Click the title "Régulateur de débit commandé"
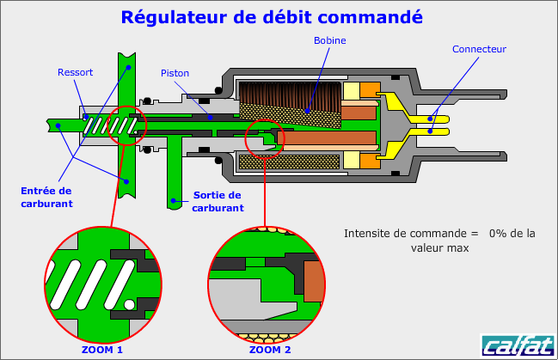coord(272,17)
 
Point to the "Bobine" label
coord(330,40)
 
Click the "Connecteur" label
coord(479,49)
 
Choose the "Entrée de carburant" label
coord(46,197)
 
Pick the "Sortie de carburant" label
coord(217,201)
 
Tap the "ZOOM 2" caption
coord(269,350)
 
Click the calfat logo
coord(517,345)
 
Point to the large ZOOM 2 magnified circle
coord(268,283)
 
